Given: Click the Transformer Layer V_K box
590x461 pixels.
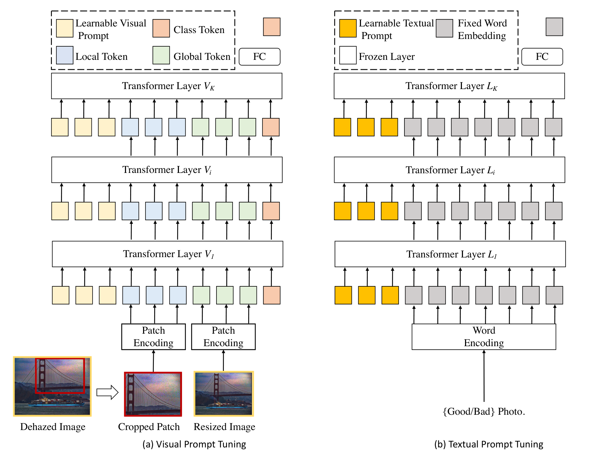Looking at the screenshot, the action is click(166, 86).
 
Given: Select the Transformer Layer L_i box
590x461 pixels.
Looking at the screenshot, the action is click(449, 170).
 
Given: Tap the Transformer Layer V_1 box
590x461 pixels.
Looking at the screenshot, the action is click(167, 254).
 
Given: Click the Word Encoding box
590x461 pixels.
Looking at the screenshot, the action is click(484, 337).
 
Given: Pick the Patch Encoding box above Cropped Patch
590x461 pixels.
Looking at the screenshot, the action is click(154, 337).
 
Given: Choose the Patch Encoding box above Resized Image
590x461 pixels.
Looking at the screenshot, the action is click(223, 337).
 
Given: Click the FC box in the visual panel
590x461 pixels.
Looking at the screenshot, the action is click(260, 57).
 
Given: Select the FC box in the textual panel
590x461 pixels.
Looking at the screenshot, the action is click(542, 57).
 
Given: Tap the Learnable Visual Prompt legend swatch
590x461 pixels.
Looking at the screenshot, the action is click(65, 28).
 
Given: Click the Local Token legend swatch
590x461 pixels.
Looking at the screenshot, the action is click(65, 55).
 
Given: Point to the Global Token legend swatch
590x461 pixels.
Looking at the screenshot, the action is click(161, 55).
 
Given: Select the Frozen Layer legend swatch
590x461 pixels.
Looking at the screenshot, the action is click(348, 55).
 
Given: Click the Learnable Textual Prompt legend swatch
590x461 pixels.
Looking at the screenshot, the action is click(348, 28).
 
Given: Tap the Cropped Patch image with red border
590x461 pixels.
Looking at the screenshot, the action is click(153, 394).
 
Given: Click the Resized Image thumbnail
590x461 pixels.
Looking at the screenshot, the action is click(224, 394).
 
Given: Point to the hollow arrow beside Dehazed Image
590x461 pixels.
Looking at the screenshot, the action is click(108, 392).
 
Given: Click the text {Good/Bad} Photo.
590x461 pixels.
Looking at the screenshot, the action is click(484, 412).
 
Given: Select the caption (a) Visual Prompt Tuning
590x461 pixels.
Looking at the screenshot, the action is click(194, 444).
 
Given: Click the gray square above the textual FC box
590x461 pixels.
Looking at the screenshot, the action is click(554, 27).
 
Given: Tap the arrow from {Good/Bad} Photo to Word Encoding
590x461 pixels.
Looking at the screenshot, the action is click(484, 376).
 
